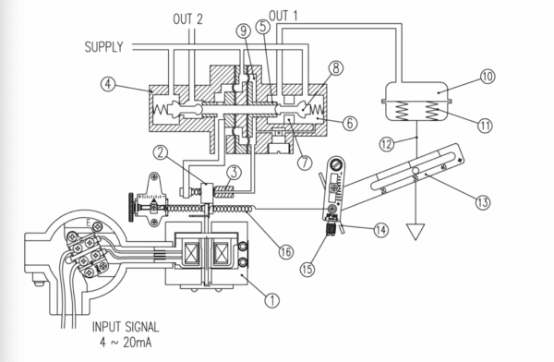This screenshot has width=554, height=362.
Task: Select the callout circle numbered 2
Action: [161, 152]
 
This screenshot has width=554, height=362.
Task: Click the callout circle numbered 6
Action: [349, 121]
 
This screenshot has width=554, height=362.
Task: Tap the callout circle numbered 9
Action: [243, 30]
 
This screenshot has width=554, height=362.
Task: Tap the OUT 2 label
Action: [190, 18]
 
